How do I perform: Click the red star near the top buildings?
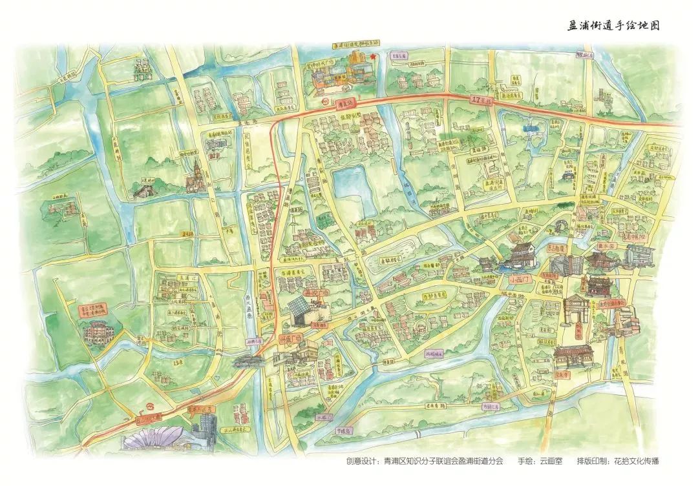tap(374, 57)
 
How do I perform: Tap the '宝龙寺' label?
tap(560, 374)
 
